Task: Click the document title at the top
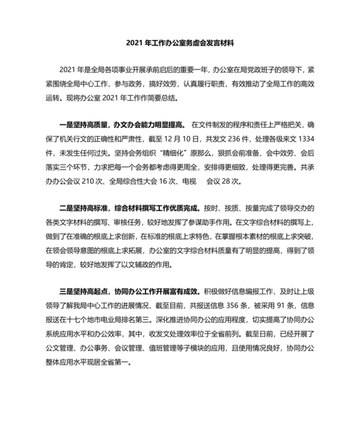[180, 45]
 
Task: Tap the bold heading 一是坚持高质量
[83, 122]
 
